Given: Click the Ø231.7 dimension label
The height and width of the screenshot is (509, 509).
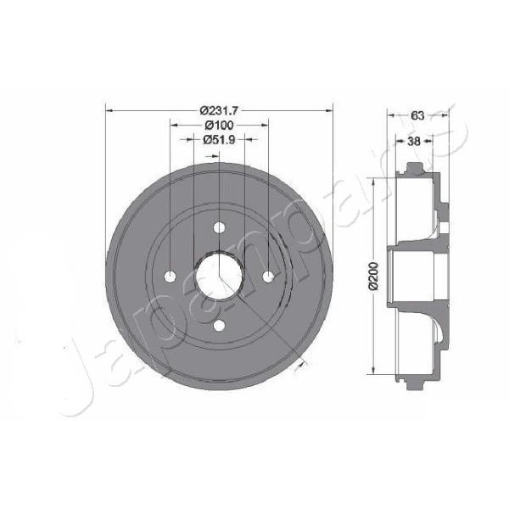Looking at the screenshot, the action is [219, 110].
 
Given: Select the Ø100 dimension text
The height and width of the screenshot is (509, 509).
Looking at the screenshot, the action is [220, 125].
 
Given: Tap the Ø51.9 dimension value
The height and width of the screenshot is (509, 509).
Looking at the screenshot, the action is [219, 140].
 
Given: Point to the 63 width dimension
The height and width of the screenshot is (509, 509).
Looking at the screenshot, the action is [417, 115].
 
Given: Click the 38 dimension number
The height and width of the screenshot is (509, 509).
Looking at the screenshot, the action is [414, 141].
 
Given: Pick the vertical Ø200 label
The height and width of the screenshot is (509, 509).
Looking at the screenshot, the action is [374, 275].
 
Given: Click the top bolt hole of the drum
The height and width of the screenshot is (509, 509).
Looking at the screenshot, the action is [220, 227].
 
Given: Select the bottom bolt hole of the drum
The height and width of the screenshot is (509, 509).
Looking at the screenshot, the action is [220, 325].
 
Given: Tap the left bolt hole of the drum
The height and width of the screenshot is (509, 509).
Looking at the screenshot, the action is [171, 277].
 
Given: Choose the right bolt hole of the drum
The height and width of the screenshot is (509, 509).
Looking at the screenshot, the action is [268, 277].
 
